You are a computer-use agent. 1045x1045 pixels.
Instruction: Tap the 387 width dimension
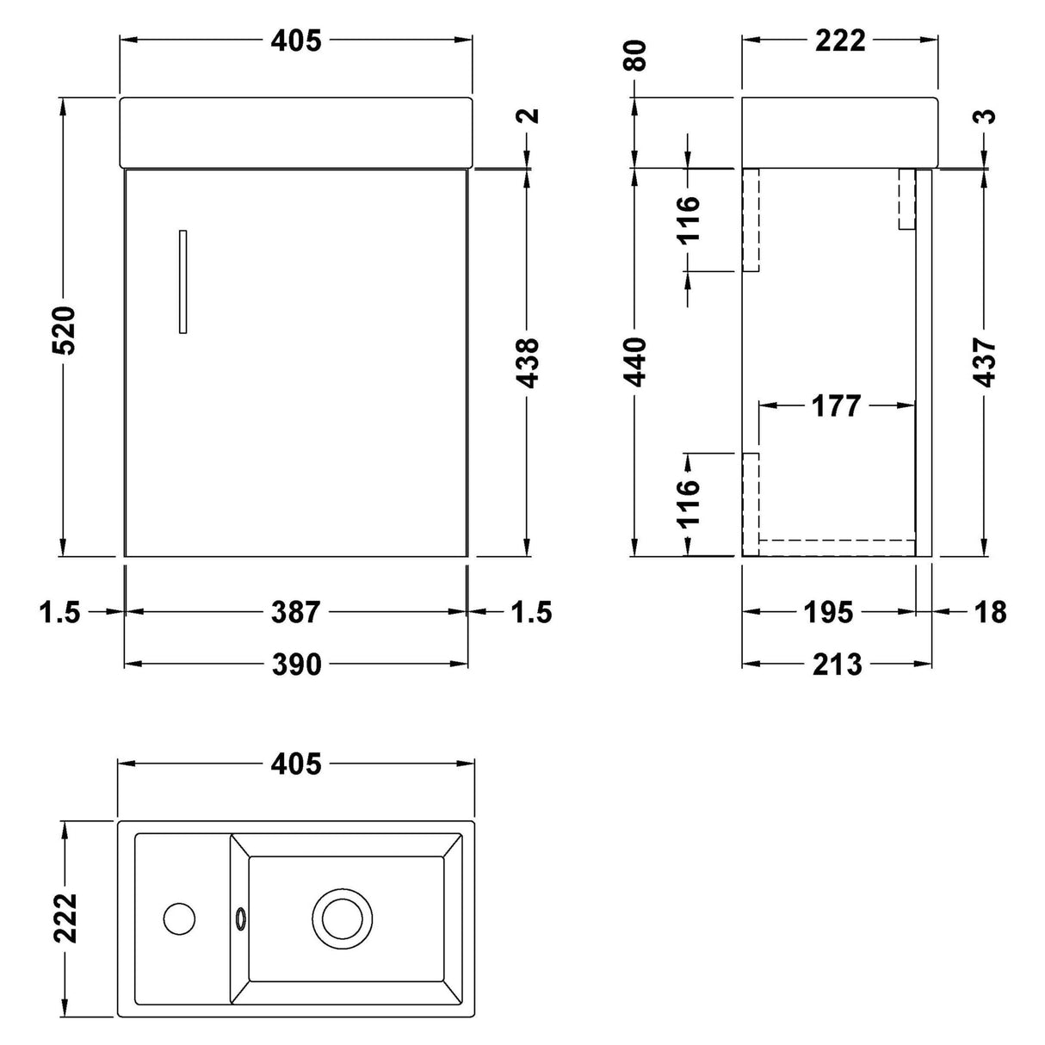point(296,612)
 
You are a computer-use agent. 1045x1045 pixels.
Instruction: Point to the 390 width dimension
point(296,664)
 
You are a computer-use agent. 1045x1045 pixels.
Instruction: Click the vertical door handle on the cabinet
point(182,281)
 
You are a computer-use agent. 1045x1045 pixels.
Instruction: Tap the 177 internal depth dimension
point(836,405)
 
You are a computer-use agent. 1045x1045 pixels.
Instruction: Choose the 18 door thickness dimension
point(990,612)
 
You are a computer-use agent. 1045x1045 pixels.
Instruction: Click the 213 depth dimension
point(836,664)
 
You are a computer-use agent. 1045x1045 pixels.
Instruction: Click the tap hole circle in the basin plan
point(179,918)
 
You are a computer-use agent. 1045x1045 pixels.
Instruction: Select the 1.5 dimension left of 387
point(59,612)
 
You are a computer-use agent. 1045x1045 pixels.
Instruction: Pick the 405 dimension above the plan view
point(296,764)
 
